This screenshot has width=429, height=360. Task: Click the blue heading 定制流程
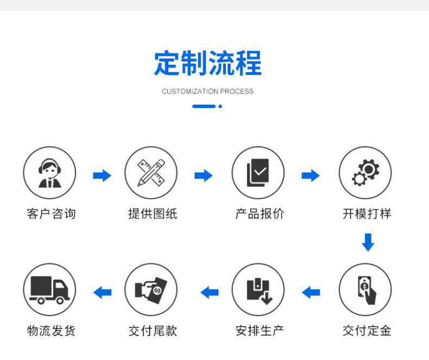(x=208, y=64)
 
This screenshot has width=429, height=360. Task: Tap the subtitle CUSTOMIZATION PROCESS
(x=207, y=91)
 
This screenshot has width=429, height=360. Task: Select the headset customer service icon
(x=49, y=173)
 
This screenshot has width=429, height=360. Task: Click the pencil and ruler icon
(x=151, y=173)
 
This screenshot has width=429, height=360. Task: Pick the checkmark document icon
(x=258, y=173)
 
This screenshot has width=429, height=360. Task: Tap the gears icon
(x=365, y=173)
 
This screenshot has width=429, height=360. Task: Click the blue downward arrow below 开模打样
(x=368, y=242)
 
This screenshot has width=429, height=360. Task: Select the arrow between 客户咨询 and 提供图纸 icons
(x=102, y=175)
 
